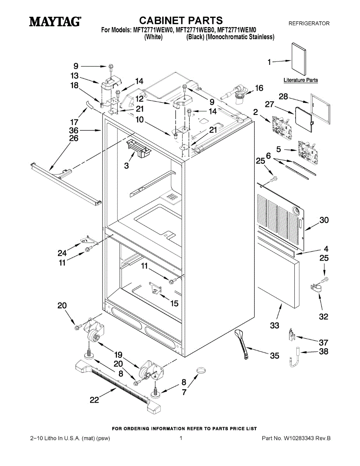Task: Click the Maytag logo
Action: (x=55, y=21)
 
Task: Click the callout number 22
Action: (x=94, y=400)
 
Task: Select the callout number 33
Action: (x=275, y=325)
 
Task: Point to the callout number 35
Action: (x=275, y=356)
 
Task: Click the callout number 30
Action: (x=324, y=220)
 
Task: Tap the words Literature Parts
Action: (x=301, y=80)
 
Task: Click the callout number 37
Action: (x=323, y=343)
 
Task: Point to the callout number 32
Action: (x=323, y=316)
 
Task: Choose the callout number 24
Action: (x=62, y=253)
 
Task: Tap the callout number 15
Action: (x=174, y=303)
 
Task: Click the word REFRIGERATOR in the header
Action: (x=309, y=24)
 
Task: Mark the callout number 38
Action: (x=323, y=352)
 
